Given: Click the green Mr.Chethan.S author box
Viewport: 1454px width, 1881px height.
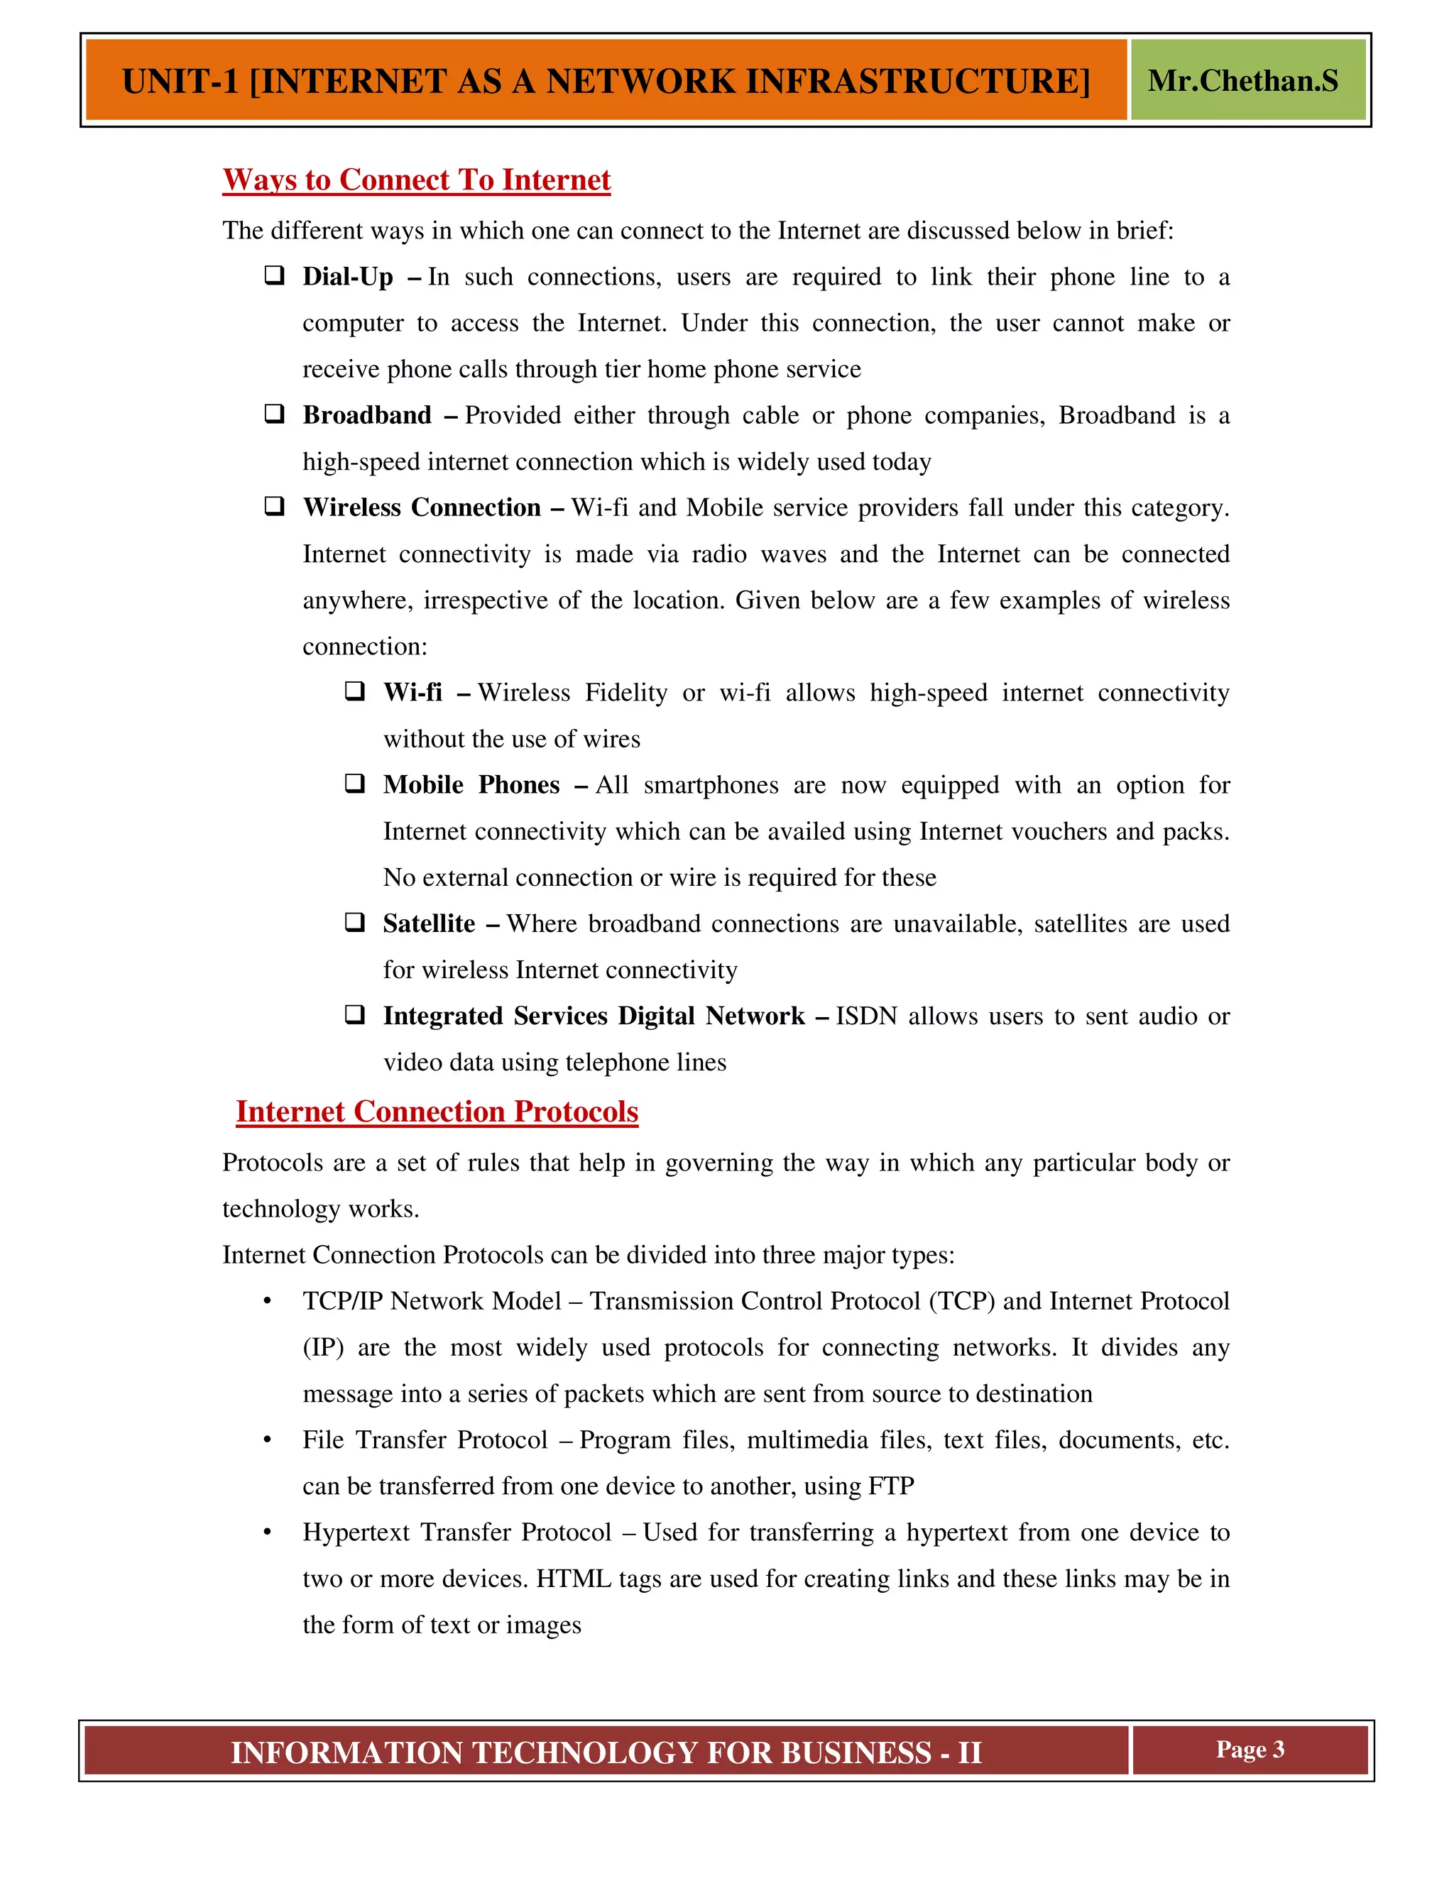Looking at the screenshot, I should [1247, 80].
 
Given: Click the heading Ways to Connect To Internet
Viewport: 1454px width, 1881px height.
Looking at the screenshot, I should [416, 180].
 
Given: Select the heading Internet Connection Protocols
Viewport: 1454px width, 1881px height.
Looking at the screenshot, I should [437, 1112].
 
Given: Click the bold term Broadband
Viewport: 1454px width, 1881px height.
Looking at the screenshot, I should [367, 415].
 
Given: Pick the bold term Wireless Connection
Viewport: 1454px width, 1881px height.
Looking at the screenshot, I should [421, 508].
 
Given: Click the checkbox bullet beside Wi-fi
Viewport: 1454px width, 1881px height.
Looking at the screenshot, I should [354, 691].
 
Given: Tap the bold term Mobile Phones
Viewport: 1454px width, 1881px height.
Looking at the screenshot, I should [471, 784].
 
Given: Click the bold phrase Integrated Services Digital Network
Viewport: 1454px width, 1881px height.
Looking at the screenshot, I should [594, 1016].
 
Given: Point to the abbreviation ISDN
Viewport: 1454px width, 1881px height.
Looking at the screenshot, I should [865, 1016].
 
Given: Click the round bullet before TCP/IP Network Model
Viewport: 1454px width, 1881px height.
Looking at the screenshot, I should [268, 1301].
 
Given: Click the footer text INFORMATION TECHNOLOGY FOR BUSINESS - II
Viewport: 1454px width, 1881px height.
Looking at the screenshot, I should [606, 1753].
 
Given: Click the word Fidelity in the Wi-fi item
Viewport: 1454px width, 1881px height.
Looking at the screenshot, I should [625, 693].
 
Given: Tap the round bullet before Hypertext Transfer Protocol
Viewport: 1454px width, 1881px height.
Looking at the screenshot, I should [268, 1533].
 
